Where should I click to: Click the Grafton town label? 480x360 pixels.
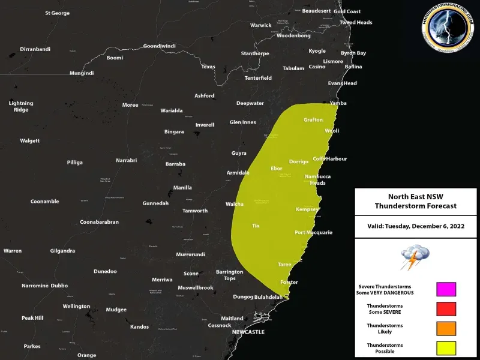tap(313, 119)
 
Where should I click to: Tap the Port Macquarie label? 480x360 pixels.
tap(313, 232)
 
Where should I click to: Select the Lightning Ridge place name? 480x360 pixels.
tap(21, 106)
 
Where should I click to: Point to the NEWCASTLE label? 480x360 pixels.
tap(249, 331)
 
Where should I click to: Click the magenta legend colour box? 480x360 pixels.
tap(446, 289)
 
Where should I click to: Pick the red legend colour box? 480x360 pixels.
tap(446, 309)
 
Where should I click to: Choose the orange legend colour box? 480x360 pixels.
tap(446, 329)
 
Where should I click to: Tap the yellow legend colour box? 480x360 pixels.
tap(446, 348)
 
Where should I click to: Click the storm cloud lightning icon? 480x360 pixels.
tap(415, 257)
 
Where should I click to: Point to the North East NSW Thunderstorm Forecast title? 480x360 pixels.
tap(415, 201)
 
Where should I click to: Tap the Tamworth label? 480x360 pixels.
tap(195, 211)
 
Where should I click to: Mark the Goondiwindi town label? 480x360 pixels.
tap(159, 46)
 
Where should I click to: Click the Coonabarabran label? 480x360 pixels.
tap(99, 222)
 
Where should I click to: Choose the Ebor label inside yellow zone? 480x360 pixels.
tap(277, 168)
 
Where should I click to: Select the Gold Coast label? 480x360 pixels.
tap(347, 11)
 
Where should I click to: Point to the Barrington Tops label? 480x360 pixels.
tap(230, 275)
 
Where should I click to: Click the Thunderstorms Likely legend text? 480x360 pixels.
tap(385, 329)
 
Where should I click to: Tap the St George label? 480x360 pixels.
tap(57, 13)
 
